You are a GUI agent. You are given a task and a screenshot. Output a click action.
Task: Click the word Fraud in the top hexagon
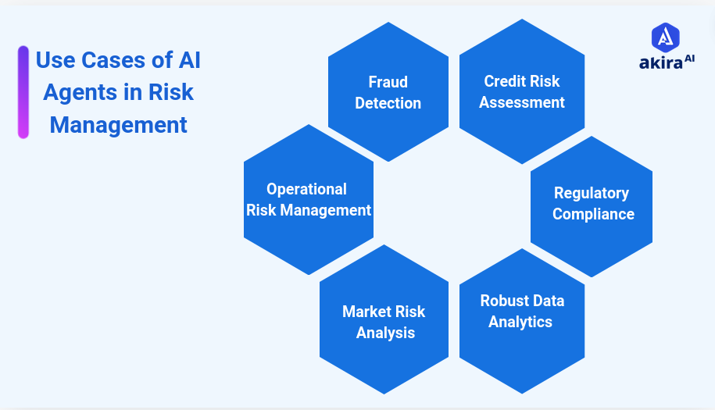click(388, 82)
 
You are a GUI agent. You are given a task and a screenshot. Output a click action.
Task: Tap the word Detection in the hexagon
click(388, 103)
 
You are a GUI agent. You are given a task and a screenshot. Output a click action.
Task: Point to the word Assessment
click(522, 102)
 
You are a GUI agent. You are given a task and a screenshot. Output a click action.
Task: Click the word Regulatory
click(592, 193)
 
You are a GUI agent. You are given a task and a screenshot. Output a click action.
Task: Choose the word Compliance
click(593, 214)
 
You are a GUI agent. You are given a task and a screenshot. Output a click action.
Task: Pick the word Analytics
click(520, 322)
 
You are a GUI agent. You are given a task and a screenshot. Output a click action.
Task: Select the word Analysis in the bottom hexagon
click(385, 333)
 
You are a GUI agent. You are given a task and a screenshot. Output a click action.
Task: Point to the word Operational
click(306, 189)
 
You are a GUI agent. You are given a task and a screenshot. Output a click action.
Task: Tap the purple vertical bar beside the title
click(23, 92)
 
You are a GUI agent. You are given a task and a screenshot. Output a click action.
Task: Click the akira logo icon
click(665, 37)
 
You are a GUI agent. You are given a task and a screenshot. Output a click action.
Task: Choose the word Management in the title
click(119, 125)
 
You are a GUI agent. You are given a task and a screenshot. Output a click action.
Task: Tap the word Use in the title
click(52, 60)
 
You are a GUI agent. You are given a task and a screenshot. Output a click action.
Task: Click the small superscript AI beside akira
click(688, 59)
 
